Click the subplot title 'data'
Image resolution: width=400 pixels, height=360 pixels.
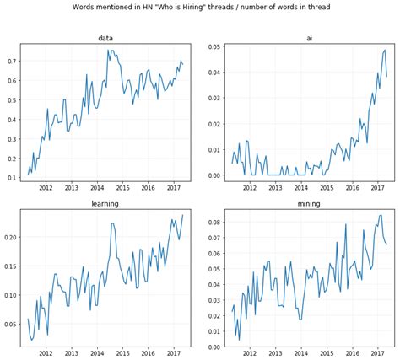pos(105,38)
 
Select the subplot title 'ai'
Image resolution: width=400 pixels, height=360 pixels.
pos(310,38)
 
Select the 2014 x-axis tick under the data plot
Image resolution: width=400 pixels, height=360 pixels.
pos(96,188)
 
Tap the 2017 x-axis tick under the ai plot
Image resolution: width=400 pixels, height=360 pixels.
pos(378,188)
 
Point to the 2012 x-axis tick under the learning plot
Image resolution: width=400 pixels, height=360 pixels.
pos(46,354)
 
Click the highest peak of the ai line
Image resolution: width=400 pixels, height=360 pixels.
pos(385,50)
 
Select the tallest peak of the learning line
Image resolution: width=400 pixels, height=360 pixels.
pos(112,223)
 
